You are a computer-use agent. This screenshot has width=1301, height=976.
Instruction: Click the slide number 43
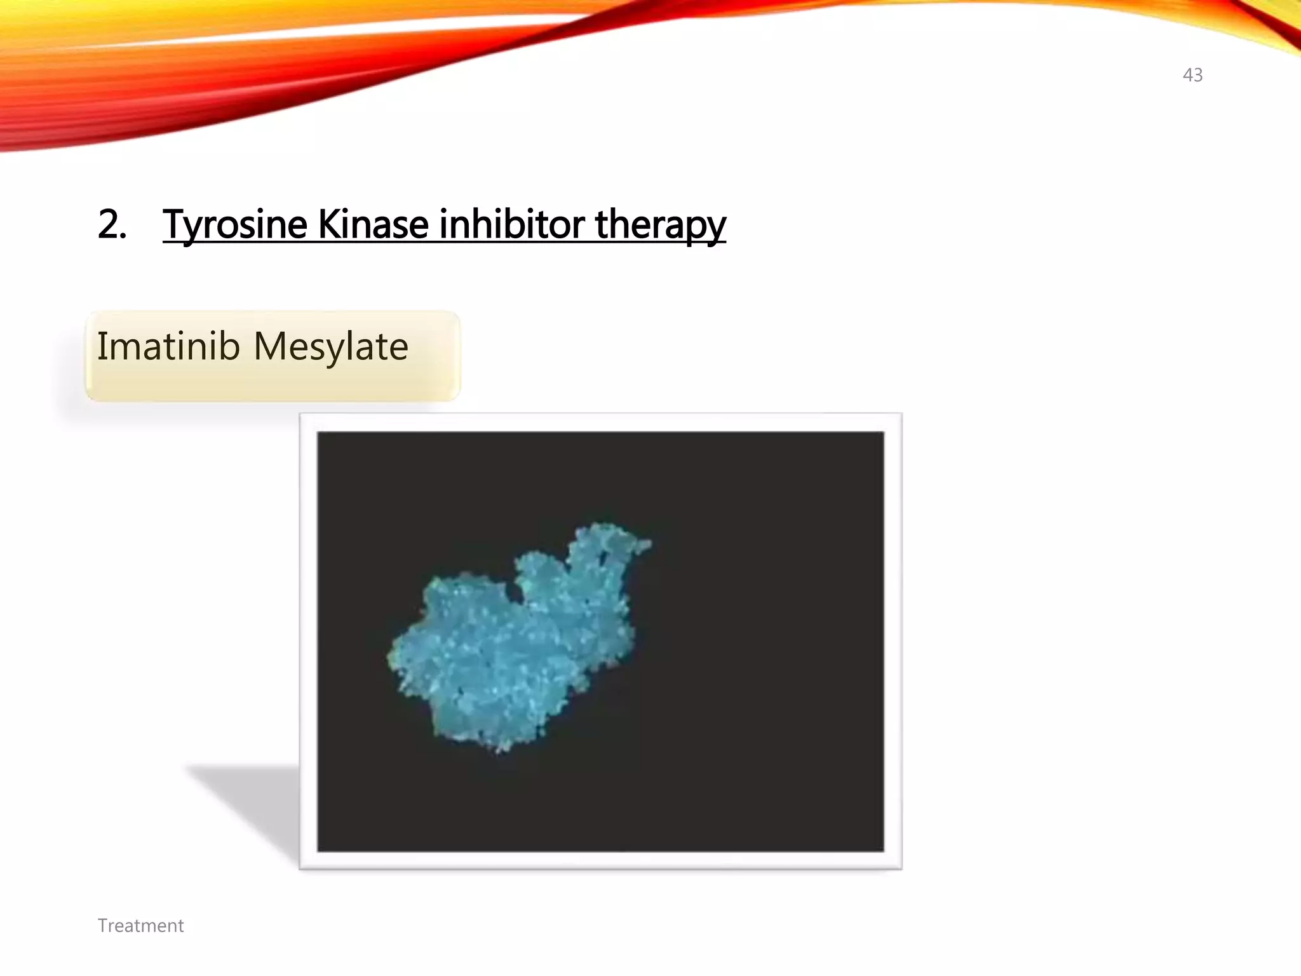[x=1192, y=75]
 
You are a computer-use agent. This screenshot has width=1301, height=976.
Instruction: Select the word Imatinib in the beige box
[x=168, y=347]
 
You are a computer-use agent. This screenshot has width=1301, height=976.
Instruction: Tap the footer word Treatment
[x=140, y=926]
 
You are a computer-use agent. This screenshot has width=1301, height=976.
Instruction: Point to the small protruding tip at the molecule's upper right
[x=645, y=545]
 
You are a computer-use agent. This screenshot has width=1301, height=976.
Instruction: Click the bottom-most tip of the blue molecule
[x=502, y=750]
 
